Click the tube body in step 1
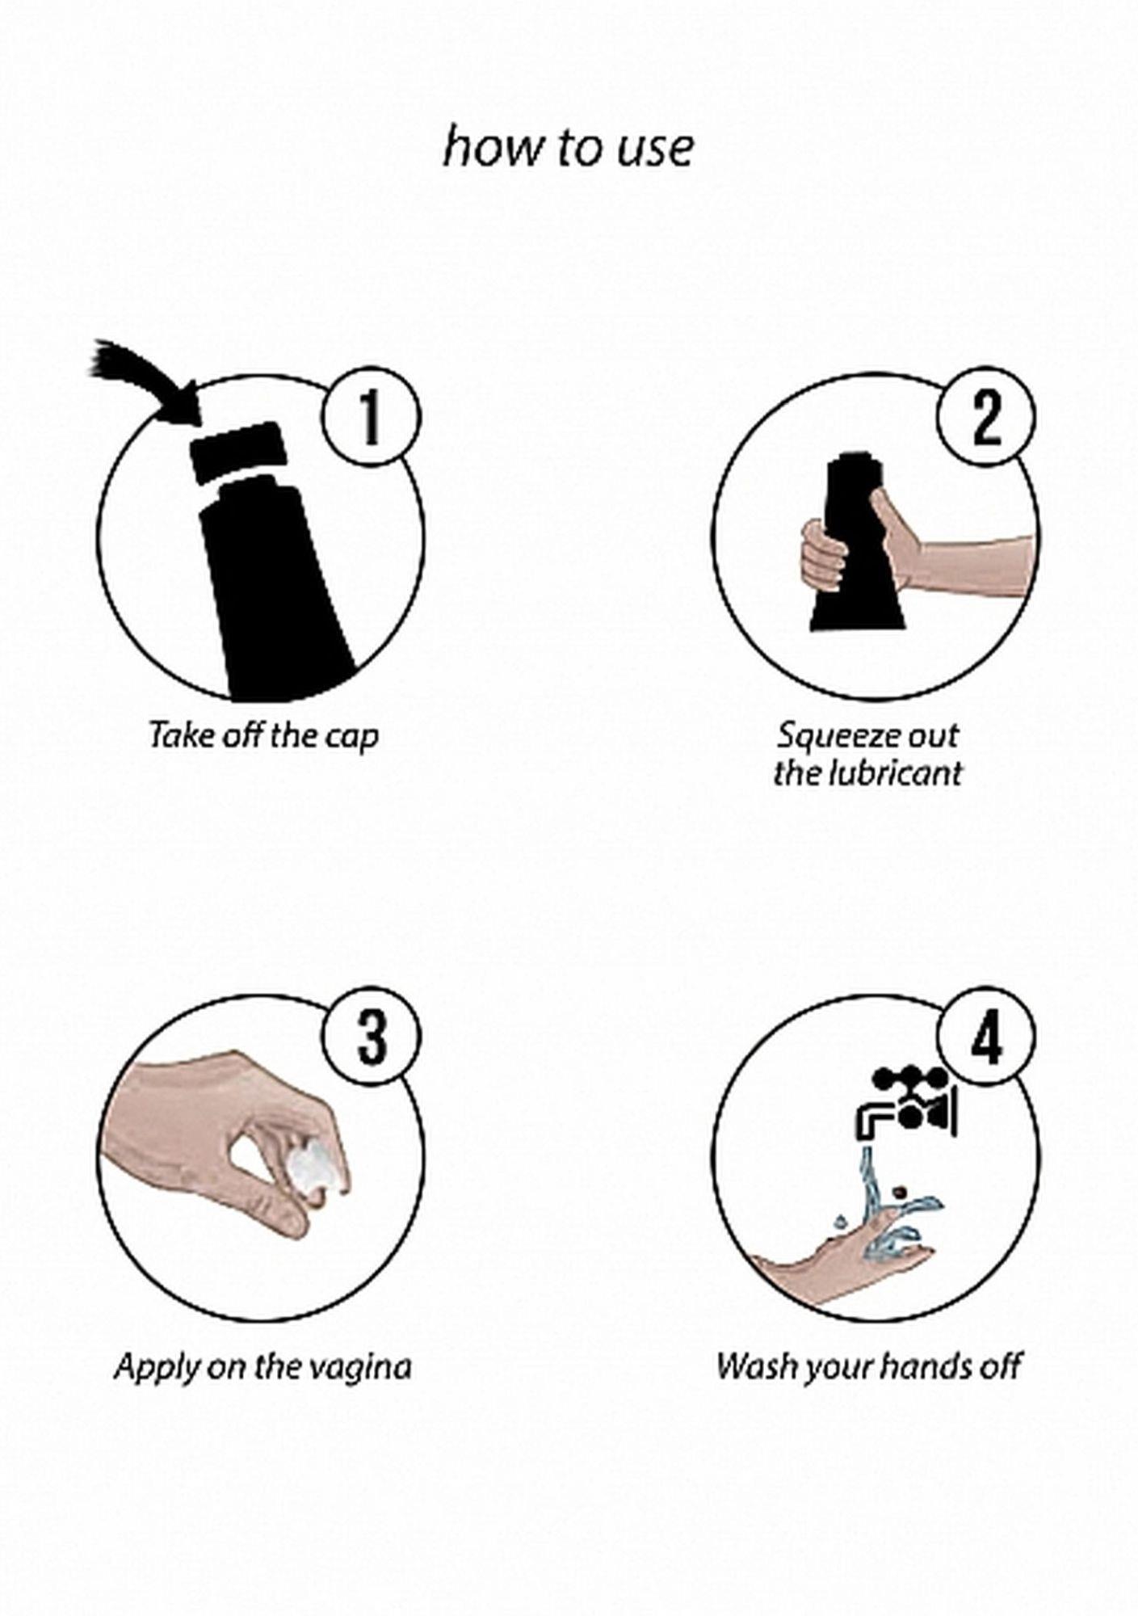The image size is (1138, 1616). click(275, 594)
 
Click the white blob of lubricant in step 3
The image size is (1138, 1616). click(313, 1169)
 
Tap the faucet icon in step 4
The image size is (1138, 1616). click(907, 1104)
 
